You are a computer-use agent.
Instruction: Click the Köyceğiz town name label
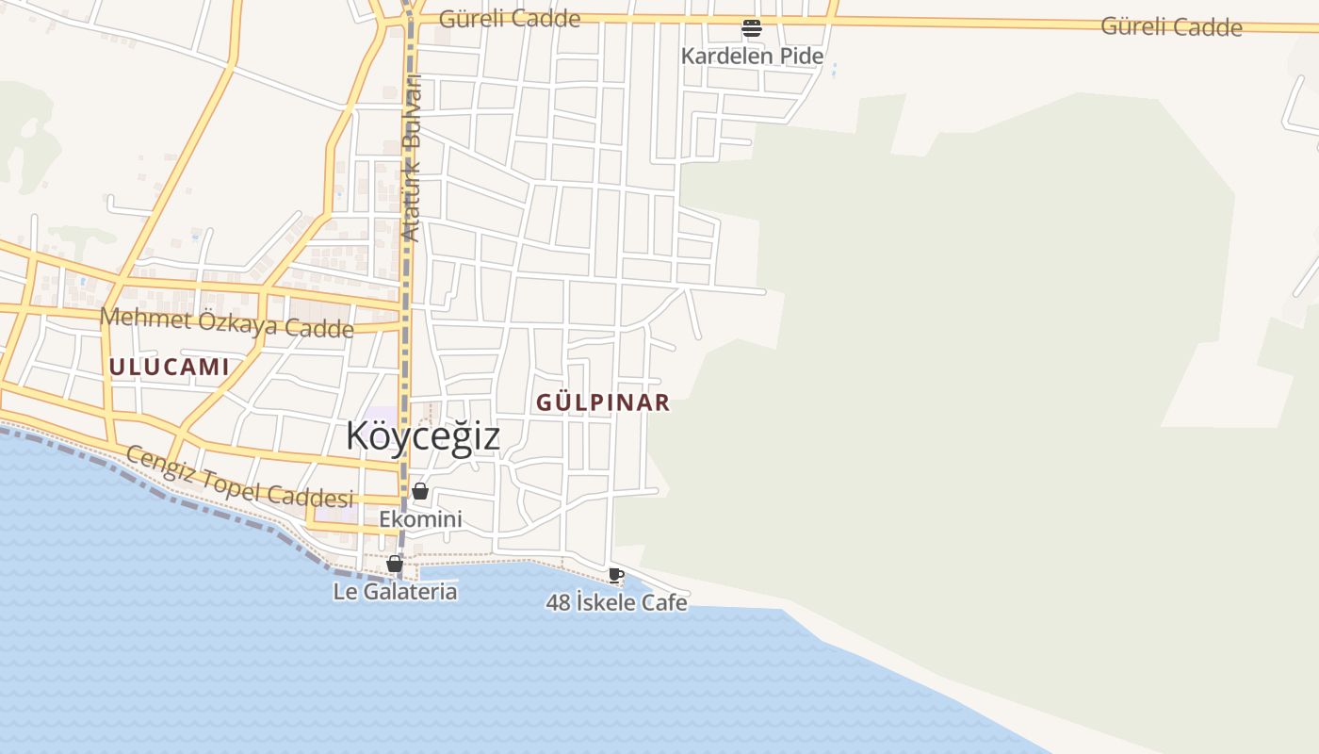point(422,436)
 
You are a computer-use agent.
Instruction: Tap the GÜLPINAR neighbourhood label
point(603,402)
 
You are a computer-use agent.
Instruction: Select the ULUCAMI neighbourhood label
point(170,367)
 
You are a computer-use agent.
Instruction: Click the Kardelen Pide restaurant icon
point(751,28)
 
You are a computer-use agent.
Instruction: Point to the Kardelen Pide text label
point(752,56)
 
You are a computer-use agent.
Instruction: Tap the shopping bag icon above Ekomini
point(420,491)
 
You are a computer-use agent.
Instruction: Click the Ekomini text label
point(420,519)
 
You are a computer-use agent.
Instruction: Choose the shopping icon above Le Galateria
point(395,564)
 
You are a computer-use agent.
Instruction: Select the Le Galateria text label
point(395,592)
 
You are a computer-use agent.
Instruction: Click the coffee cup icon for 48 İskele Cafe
point(616,575)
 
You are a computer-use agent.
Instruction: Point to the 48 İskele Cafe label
point(616,602)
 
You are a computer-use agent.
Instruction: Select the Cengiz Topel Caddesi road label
point(239,478)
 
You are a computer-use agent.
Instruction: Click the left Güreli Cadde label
point(509,19)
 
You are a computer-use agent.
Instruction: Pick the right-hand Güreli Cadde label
point(1171,26)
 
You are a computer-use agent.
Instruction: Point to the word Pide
point(800,56)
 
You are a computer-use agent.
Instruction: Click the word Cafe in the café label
point(664,602)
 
